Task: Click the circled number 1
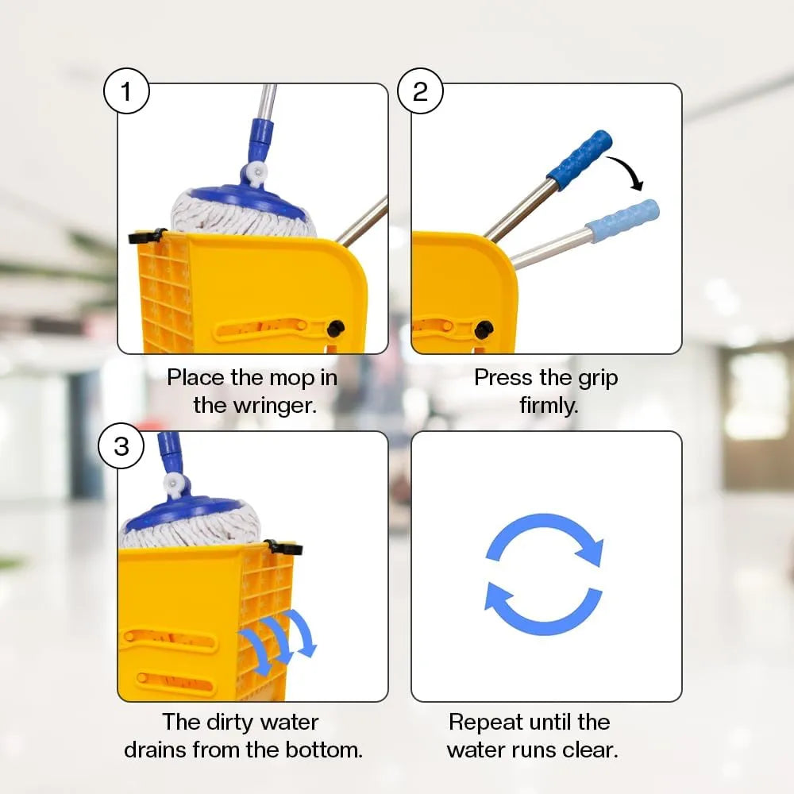(x=126, y=91)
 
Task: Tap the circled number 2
(x=420, y=91)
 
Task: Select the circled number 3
(x=121, y=446)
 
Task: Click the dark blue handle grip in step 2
(x=580, y=160)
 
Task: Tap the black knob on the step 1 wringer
(x=336, y=329)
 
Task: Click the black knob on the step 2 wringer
(x=484, y=330)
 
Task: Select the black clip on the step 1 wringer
(x=147, y=236)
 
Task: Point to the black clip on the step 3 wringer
(x=283, y=548)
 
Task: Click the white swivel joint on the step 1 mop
(x=256, y=172)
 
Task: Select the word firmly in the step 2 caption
(x=549, y=405)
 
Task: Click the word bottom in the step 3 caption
(x=324, y=750)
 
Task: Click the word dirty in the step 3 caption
(x=227, y=723)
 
